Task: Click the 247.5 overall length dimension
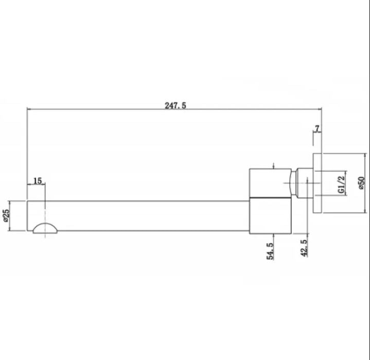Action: (175, 105)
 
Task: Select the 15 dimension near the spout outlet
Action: (38, 181)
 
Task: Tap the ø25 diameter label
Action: (6, 215)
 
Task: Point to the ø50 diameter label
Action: (361, 183)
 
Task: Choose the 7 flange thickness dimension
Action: (317, 129)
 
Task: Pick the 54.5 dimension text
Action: (270, 251)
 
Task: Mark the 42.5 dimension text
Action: (304, 248)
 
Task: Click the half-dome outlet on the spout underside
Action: (45, 228)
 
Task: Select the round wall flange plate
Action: (318, 184)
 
